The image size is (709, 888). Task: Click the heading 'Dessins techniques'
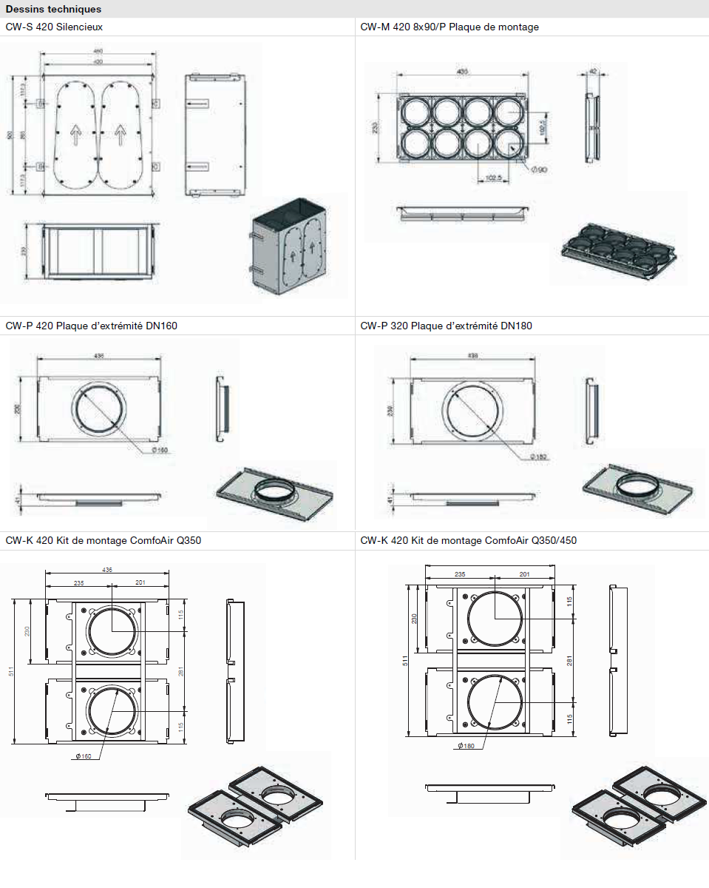[53, 10]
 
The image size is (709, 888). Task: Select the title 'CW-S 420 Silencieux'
[54, 27]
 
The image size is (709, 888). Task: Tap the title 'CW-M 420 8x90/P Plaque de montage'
[450, 27]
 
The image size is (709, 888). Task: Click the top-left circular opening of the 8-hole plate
[416, 112]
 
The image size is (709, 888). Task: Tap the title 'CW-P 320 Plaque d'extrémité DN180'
[446, 326]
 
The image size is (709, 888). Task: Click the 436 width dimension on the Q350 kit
[108, 570]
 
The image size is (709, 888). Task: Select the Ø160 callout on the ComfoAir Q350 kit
[84, 756]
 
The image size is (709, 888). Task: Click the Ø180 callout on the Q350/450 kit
[466, 745]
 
